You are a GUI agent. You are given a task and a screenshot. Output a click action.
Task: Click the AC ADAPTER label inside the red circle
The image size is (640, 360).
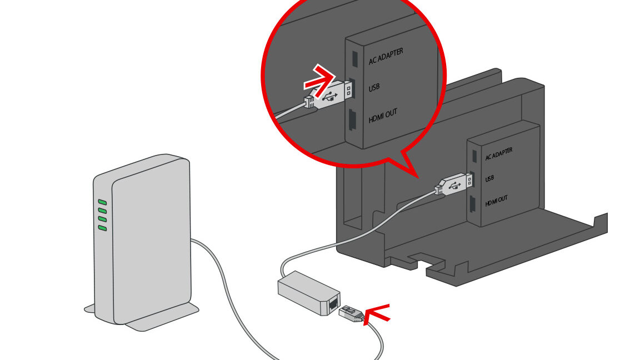(386, 56)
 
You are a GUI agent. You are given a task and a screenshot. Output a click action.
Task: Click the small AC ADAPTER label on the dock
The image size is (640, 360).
(498, 154)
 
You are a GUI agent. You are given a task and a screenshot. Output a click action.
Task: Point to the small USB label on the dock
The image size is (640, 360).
(489, 179)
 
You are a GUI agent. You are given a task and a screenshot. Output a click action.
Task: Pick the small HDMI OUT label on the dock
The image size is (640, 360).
(496, 201)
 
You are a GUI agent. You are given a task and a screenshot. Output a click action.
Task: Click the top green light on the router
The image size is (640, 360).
(102, 202)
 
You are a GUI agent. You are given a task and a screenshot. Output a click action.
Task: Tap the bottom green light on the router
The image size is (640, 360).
(102, 227)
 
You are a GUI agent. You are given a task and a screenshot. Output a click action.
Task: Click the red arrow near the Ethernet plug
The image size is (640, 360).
(376, 314)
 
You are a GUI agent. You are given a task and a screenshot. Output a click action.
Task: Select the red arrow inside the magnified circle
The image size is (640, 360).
(321, 79)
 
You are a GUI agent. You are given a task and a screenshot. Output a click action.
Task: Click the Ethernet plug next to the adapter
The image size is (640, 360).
(352, 314)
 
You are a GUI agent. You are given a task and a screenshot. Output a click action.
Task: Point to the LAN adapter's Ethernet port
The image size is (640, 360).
(333, 303)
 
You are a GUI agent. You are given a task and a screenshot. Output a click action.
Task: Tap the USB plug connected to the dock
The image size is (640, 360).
(457, 183)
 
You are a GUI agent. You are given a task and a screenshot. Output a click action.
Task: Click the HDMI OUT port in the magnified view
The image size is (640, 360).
(352, 121)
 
